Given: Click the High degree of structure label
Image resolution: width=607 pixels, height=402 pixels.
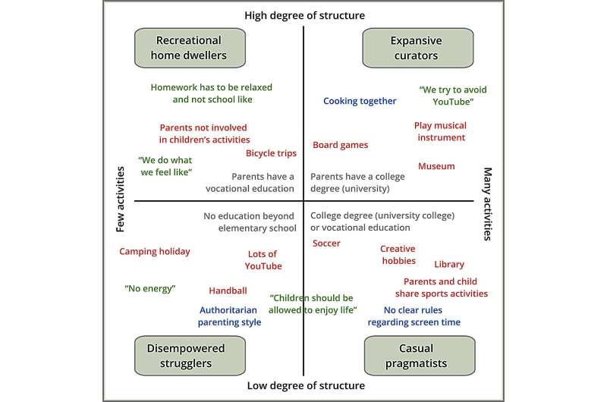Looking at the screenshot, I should (304, 15).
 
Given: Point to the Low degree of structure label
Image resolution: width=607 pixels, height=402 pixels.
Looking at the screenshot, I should (306, 386).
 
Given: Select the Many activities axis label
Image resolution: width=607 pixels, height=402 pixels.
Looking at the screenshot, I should (488, 203).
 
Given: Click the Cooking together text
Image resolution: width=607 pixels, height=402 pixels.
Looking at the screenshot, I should (360, 101).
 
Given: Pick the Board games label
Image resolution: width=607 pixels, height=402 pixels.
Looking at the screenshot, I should (340, 145).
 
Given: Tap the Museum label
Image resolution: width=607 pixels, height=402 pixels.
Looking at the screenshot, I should (436, 166).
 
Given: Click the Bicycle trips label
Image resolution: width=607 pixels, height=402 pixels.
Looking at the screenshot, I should (271, 153).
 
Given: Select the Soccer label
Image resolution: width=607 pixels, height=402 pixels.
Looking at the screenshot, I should (326, 243).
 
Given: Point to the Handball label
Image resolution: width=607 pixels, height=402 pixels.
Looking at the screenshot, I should (228, 291).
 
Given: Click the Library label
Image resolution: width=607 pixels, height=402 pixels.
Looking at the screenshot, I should (449, 265).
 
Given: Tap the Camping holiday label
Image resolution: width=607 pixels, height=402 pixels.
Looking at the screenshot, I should (155, 252).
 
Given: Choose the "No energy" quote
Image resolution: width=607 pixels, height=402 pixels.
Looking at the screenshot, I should (149, 289).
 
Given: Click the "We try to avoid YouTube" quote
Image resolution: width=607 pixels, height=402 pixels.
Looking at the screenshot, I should (453, 95).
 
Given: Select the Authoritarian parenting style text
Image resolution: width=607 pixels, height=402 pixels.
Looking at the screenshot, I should (230, 316).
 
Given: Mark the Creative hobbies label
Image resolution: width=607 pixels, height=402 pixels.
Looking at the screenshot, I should (398, 255).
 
